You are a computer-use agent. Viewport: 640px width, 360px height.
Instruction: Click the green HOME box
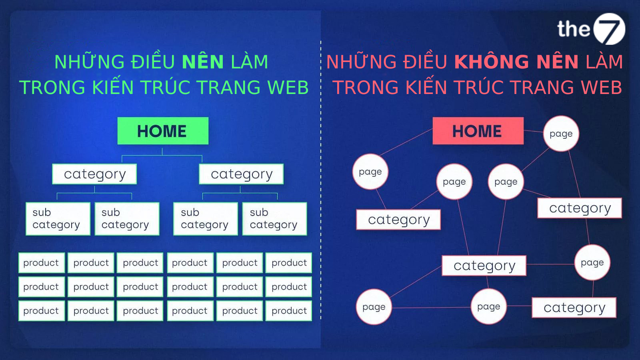point(163,131)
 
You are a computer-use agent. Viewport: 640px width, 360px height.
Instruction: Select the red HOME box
point(478,131)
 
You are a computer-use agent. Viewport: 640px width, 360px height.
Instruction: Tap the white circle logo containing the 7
point(609,29)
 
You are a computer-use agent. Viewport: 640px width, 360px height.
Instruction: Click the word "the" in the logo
point(574,29)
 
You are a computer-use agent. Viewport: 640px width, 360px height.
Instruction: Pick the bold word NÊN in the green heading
point(203,62)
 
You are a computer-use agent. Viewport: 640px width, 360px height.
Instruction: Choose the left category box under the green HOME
point(94,174)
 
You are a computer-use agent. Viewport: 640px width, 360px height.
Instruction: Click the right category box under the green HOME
point(241,174)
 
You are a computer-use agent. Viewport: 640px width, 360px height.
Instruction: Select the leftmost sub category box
point(58,219)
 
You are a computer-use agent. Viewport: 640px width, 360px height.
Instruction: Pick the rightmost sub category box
point(274,219)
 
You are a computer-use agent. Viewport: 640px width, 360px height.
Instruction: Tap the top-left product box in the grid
point(42,263)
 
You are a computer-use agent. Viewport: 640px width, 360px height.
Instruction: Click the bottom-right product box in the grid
point(289,311)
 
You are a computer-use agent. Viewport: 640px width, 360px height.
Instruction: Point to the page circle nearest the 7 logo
point(561,134)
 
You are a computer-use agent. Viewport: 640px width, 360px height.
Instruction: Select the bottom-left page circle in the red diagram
point(374,307)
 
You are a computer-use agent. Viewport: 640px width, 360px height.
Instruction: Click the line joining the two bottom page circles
point(431,308)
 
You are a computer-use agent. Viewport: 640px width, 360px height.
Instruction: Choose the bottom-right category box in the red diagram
point(574,308)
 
